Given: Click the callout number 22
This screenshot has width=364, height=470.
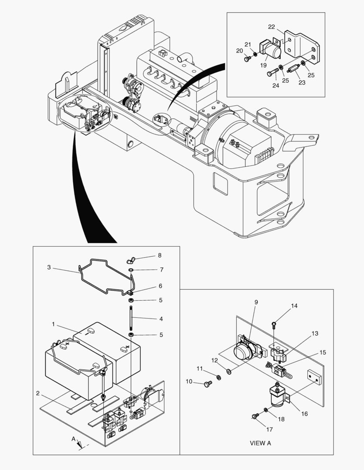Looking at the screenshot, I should (x=271, y=27).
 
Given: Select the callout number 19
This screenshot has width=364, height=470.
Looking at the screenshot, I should (x=263, y=65).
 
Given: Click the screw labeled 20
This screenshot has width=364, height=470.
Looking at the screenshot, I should (x=248, y=59).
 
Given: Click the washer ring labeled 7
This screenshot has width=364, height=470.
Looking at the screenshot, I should (x=131, y=270).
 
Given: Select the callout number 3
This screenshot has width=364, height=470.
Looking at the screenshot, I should (x=49, y=268).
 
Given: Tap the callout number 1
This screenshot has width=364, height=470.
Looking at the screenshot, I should (x=53, y=324).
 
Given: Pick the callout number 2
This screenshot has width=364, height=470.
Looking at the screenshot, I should (x=38, y=393).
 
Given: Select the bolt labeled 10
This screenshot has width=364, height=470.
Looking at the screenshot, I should (x=208, y=383).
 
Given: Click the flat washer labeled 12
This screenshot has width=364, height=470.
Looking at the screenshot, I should (x=229, y=371).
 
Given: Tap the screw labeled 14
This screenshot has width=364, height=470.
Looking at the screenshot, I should (x=273, y=323).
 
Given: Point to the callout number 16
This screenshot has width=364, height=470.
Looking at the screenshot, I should (x=304, y=413).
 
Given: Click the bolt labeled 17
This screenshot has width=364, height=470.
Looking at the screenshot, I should (x=254, y=416).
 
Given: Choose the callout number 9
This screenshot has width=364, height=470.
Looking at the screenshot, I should (x=256, y=302).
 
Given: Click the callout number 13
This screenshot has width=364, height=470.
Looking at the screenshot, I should (x=315, y=334).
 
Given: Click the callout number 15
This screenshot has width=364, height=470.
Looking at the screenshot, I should (x=323, y=352).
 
